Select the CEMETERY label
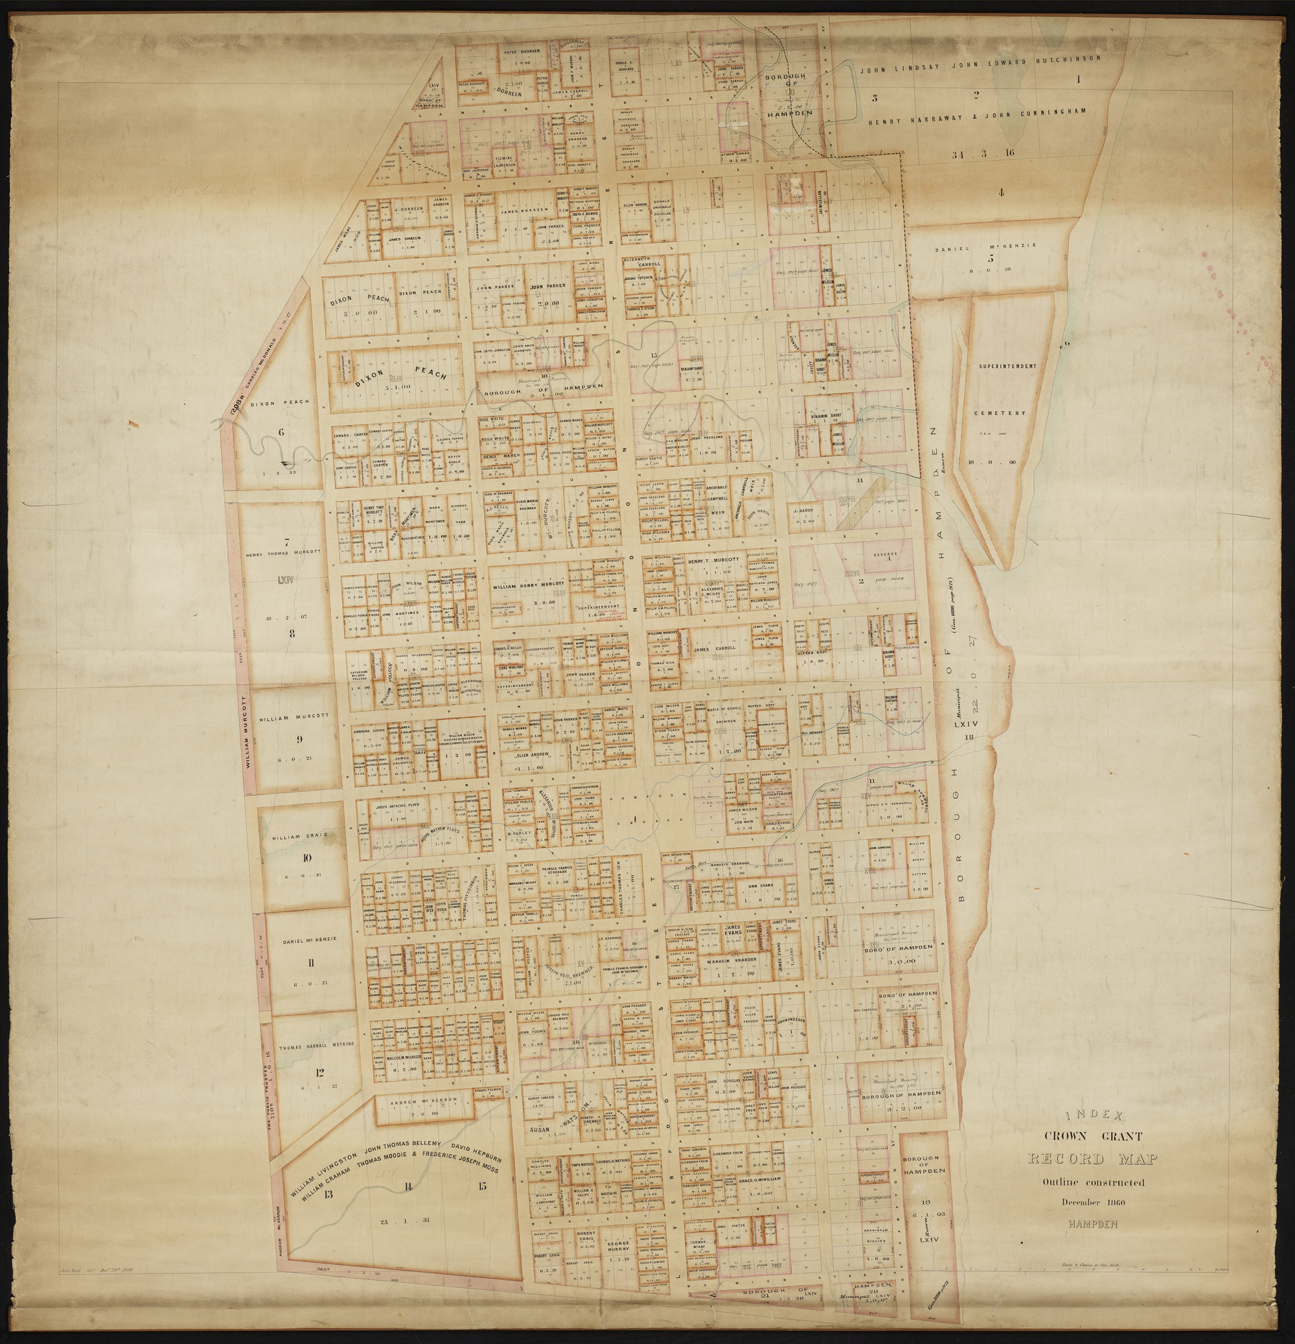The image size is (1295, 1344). click(1002, 413)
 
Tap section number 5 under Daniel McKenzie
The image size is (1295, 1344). click(990, 259)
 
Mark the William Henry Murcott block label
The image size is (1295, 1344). click(532, 587)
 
